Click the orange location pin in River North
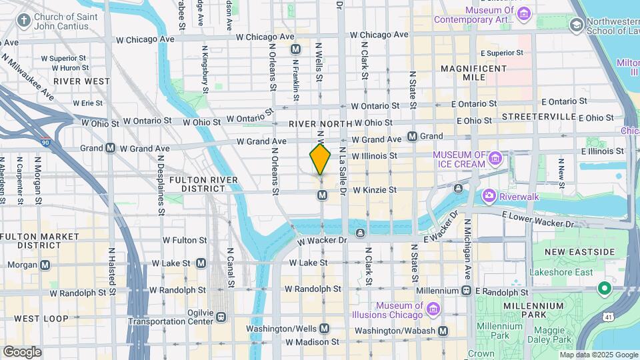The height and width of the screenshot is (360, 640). pyautogui.click(x=320, y=159)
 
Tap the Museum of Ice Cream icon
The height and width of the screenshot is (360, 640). pyautogui.click(x=495, y=159)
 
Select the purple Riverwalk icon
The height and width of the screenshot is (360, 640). pyautogui.click(x=489, y=195)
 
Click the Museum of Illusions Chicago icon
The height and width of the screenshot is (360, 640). pyautogui.click(x=433, y=309)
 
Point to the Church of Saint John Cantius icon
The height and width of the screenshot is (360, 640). pyautogui.click(x=24, y=20)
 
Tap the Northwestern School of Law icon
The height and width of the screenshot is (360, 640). pyautogui.click(x=577, y=25)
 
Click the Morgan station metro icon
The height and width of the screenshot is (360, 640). pyautogui.click(x=45, y=265)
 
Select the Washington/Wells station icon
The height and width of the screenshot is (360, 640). pyautogui.click(x=325, y=329)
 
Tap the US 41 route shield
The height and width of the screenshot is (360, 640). pyautogui.click(x=628, y=322)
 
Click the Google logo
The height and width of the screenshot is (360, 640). pyautogui.click(x=22, y=351)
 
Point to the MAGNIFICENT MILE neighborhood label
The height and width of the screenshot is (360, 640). pyautogui.click(x=474, y=73)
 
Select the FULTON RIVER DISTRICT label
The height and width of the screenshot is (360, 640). pyautogui.click(x=198, y=184)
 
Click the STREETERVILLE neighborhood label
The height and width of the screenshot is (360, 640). pyautogui.click(x=539, y=117)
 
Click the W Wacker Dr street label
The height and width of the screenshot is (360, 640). pyautogui.click(x=323, y=240)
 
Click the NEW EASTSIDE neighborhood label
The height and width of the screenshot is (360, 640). pyautogui.click(x=579, y=251)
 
